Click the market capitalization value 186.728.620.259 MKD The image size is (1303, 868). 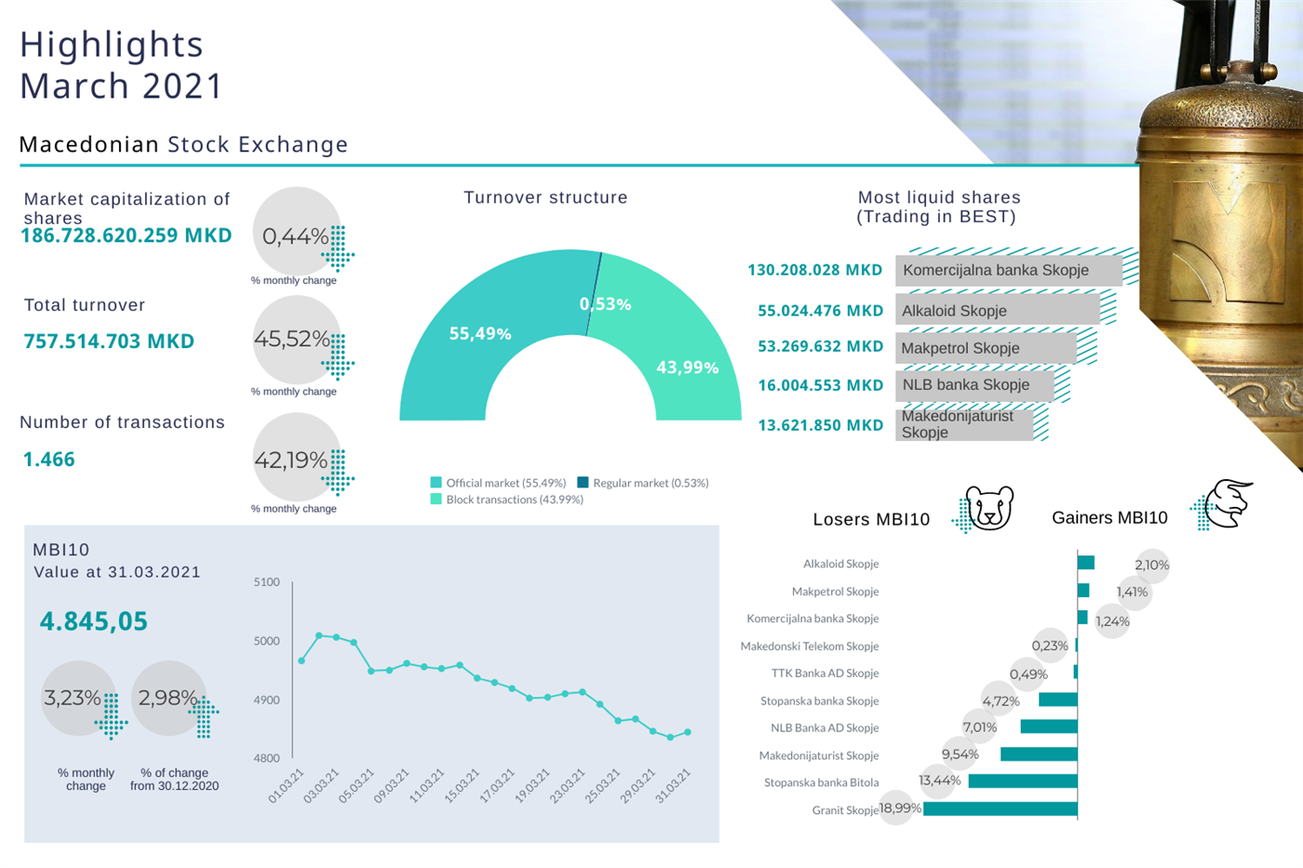pyautogui.click(x=127, y=235)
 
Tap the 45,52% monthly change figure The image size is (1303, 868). pyautogui.click(x=291, y=339)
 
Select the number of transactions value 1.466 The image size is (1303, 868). pyautogui.click(x=49, y=460)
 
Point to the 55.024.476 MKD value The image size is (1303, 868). pyautogui.click(x=820, y=311)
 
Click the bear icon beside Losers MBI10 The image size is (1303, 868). pyautogui.click(x=988, y=508)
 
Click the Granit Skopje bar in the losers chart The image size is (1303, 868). pyautogui.click(x=1000, y=809)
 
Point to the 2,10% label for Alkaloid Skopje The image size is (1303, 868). pyautogui.click(x=1151, y=565)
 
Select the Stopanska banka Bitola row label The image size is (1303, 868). pyautogui.click(x=821, y=782)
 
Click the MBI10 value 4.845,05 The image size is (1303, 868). pyautogui.click(x=93, y=621)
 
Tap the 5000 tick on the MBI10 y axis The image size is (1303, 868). pyautogui.click(x=266, y=641)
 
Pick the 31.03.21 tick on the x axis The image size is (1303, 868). pyautogui.click(x=673, y=785)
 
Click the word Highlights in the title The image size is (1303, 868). pyautogui.click(x=112, y=45)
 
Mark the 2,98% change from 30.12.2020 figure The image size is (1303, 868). pyautogui.click(x=168, y=698)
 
